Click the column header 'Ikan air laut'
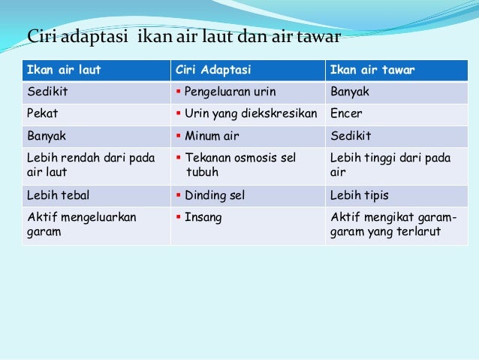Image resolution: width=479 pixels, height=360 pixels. click(64, 71)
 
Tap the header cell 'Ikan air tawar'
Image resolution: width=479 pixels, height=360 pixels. click(373, 71)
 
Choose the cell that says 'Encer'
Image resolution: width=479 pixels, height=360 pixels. click(346, 114)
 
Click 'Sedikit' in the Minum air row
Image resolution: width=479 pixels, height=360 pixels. click(351, 136)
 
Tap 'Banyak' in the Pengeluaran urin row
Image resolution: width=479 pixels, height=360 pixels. click(350, 92)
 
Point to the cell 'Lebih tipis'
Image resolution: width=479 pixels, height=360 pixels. click(360, 195)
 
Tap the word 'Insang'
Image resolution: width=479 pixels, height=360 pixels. click(203, 216)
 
